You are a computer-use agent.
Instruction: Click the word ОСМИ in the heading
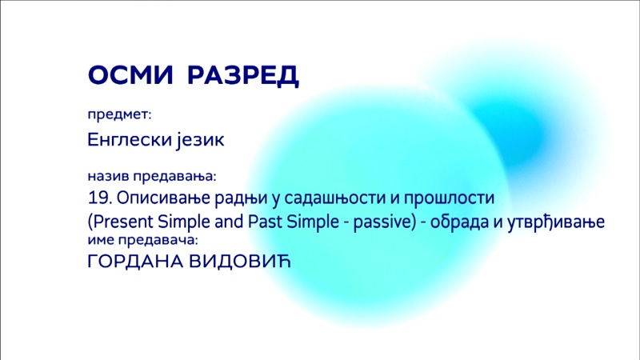tap(130, 74)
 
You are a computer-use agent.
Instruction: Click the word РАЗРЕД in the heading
tap(243, 76)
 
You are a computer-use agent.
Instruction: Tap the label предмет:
tap(119, 115)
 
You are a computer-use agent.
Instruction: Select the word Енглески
tap(130, 139)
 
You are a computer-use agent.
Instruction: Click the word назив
tap(108, 176)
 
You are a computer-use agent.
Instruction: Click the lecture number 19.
tap(100, 198)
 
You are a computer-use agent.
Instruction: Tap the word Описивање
tap(163, 198)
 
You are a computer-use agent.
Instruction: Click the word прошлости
tap(449, 198)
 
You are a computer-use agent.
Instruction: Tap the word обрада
tap(457, 222)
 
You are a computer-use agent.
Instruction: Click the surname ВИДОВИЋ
tap(240, 262)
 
